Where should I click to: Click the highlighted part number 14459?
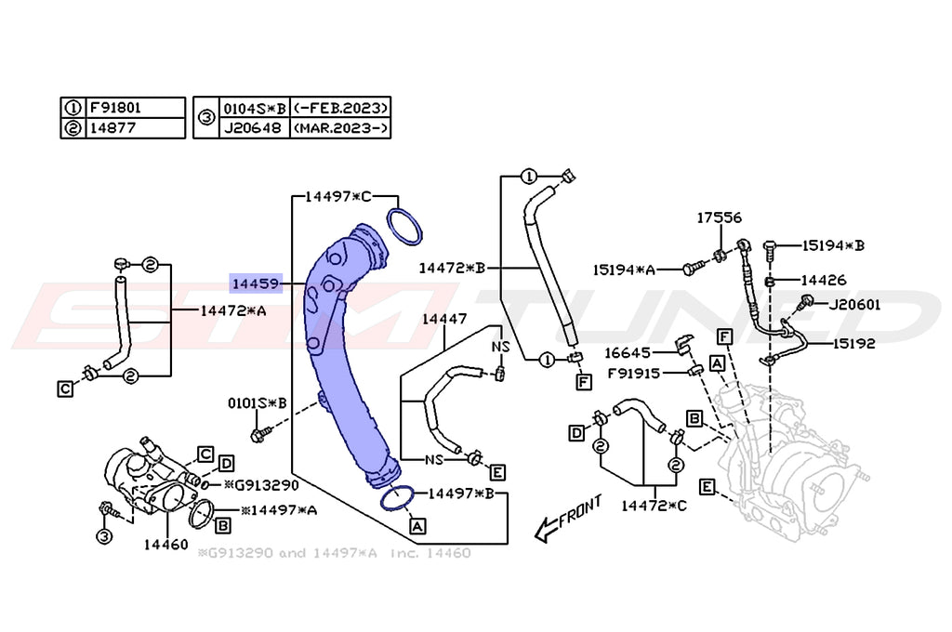click(x=254, y=282)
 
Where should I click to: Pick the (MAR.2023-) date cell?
click(x=340, y=127)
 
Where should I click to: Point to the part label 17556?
click(x=720, y=217)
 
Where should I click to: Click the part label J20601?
click(x=855, y=303)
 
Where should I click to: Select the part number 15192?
click(x=853, y=343)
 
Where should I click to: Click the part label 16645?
click(x=627, y=352)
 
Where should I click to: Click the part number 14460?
click(x=165, y=544)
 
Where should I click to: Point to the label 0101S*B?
click(x=258, y=403)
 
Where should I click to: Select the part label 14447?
click(x=444, y=319)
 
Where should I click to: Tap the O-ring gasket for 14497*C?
click(x=404, y=229)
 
